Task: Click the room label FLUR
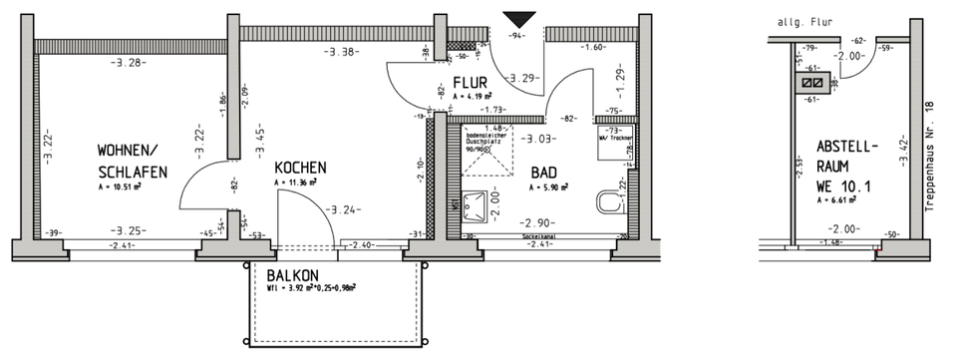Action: (x=470, y=83)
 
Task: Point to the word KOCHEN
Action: (x=300, y=168)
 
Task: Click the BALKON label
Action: (x=291, y=275)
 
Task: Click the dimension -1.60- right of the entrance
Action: (x=593, y=47)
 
